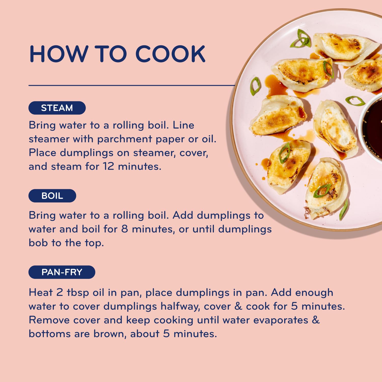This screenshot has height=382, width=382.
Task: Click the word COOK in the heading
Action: [x=170, y=54]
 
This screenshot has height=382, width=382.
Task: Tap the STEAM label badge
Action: [x=57, y=108]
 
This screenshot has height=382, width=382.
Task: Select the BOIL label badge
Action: [x=52, y=196]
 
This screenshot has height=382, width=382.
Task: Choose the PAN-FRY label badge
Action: [x=62, y=272]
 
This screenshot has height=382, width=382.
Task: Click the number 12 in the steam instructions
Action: [x=108, y=166]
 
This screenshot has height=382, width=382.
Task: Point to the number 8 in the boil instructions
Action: [x=125, y=229]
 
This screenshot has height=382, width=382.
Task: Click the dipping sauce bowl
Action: [x=372, y=127]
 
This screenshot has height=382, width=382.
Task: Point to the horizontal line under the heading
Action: [x=132, y=86]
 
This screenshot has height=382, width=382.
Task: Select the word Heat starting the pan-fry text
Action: [x=41, y=292]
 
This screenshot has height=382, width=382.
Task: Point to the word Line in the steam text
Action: [x=183, y=125]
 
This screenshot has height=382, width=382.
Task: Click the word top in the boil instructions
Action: [x=94, y=243]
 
